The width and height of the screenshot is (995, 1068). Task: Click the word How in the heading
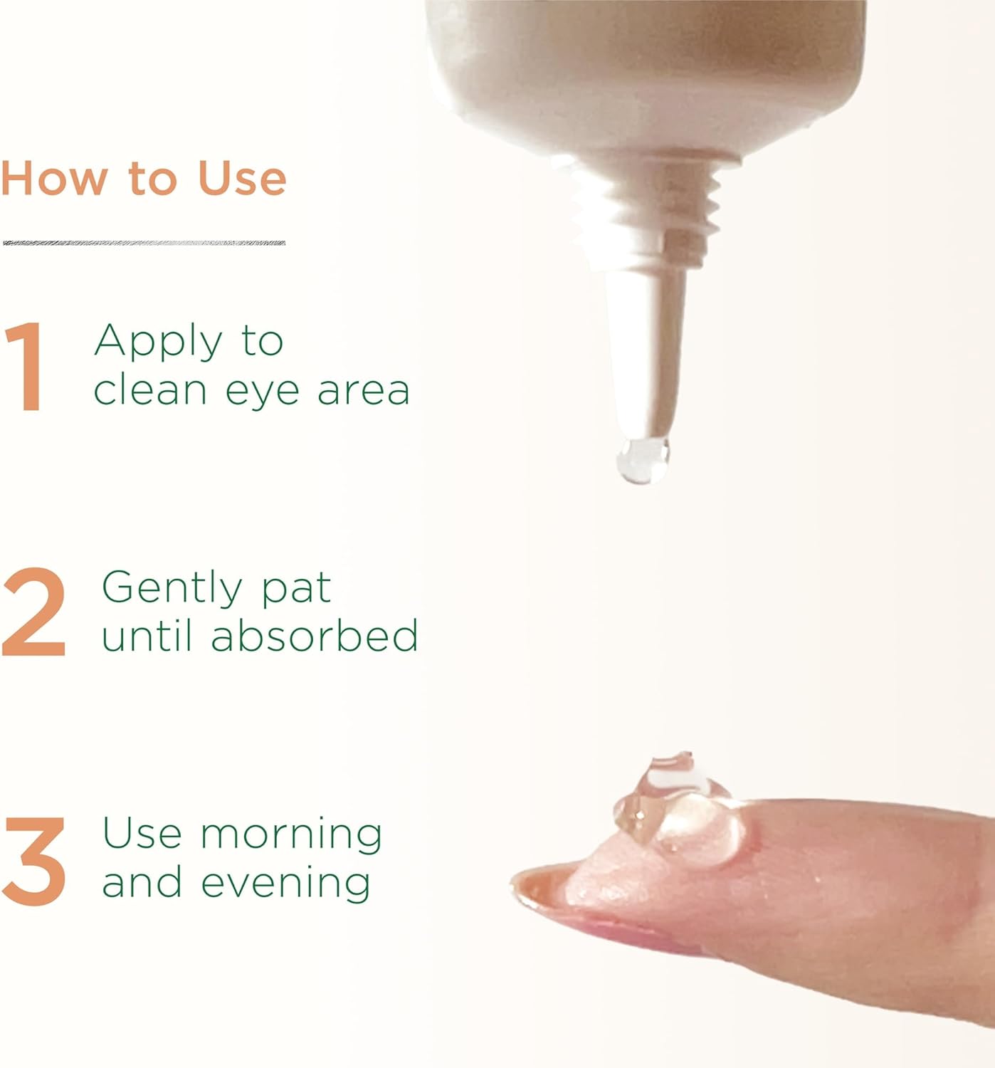tap(54, 178)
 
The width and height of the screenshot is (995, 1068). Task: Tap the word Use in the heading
tap(242, 178)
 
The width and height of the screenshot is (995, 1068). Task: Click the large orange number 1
tap(26, 367)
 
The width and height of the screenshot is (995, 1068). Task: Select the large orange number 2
tap(33, 612)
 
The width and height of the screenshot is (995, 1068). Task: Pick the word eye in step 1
tap(262, 394)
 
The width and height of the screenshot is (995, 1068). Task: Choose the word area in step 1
tap(364, 391)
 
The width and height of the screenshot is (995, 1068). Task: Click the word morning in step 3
tap(290, 837)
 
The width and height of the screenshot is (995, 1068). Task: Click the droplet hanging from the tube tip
tap(642, 461)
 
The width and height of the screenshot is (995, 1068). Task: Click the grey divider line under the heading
tap(144, 243)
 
